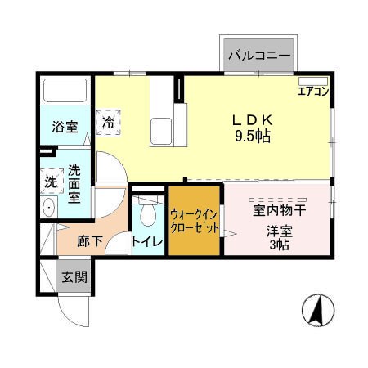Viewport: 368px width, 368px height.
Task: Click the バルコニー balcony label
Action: pos(259,55)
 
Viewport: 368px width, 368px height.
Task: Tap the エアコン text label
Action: pos(313,92)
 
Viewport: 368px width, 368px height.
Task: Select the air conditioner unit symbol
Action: pos(312,81)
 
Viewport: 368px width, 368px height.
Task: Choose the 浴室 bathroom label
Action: pos(65,127)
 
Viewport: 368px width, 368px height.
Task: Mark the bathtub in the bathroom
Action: pos(65,92)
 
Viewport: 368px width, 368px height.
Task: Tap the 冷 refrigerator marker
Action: pos(109,122)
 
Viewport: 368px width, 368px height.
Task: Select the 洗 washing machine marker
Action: pos(49,181)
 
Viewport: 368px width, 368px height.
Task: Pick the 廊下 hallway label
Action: pos(90,241)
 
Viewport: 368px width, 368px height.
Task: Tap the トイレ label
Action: pos(147,241)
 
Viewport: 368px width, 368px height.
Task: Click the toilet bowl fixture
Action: pos(147,214)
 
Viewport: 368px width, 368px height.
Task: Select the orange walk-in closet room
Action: pos(195,221)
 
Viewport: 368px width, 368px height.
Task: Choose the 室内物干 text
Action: pos(279,211)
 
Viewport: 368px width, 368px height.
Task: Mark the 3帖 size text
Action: pos(279,244)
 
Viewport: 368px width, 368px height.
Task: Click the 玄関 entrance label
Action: pos(74,277)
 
